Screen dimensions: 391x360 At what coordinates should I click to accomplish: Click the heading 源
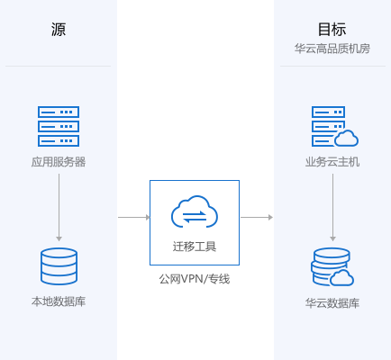coord(59,30)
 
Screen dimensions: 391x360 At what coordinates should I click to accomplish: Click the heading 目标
coord(332,30)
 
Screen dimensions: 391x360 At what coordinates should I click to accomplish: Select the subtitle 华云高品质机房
coord(332,49)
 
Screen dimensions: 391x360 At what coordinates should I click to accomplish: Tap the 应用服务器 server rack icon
coord(59,126)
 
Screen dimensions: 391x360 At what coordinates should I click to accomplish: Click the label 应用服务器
coord(59,162)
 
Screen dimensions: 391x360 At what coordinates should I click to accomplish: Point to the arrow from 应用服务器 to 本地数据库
coord(59,207)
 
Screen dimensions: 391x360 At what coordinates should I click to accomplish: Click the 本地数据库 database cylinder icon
coord(59,266)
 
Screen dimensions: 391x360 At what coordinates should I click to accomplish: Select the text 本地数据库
coord(59,301)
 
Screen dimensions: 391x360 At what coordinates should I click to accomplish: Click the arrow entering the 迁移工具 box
coord(134,217)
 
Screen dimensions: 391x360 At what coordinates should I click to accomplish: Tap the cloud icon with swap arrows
coord(195,211)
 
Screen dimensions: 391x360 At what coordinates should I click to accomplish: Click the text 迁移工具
coord(195,247)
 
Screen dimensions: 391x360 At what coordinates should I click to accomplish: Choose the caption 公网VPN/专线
coord(195,279)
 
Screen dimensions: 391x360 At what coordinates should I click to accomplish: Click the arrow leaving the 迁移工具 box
coord(257,217)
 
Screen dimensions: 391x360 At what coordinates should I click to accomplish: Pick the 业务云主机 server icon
coord(334,126)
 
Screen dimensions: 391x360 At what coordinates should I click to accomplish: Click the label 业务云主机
coord(332,162)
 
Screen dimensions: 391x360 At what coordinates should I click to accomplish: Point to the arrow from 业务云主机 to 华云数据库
coord(332,207)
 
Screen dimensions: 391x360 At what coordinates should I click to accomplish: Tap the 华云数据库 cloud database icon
coord(332,267)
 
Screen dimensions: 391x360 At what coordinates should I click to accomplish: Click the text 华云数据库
coord(332,303)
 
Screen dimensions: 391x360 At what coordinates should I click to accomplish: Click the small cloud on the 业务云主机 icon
coord(346,139)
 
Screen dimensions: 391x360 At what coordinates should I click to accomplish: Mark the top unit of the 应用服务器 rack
coord(59,112)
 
